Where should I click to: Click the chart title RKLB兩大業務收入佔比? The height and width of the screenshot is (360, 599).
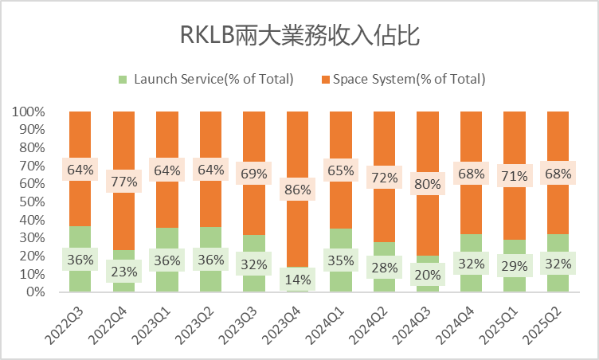(299, 36)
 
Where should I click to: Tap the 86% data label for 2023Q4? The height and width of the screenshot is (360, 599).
(297, 190)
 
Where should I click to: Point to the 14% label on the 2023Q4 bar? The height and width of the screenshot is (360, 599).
(297, 279)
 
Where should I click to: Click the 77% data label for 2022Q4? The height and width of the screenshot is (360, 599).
(123, 181)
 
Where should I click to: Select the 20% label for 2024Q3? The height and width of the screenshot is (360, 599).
(427, 274)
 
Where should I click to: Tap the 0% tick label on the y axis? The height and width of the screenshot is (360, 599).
(35, 292)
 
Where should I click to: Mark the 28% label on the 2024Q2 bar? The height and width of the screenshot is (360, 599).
(384, 267)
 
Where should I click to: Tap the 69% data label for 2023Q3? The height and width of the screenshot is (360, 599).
(254, 173)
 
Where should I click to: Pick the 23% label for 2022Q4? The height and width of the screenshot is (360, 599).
(123, 272)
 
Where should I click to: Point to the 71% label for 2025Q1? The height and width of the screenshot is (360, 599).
(514, 175)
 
